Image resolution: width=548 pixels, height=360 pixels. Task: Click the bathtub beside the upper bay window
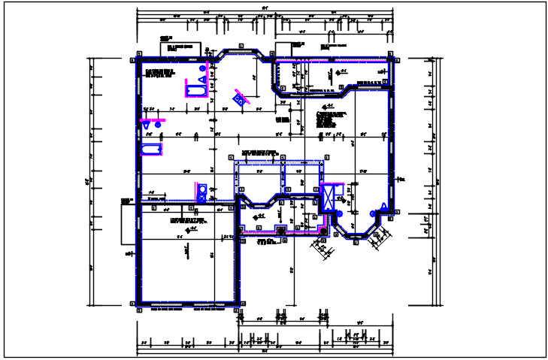pyautogui.click(x=198, y=92)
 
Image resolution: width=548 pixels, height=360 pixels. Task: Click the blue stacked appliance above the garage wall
pyautogui.click(x=201, y=192)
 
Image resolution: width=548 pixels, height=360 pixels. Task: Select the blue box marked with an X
pyautogui.click(x=328, y=199)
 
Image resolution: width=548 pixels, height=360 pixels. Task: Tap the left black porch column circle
pyautogui.click(x=282, y=231)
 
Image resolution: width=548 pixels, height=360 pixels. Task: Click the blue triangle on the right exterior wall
pyautogui.click(x=383, y=207)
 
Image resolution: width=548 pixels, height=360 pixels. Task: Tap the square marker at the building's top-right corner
pyautogui.click(x=391, y=55)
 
